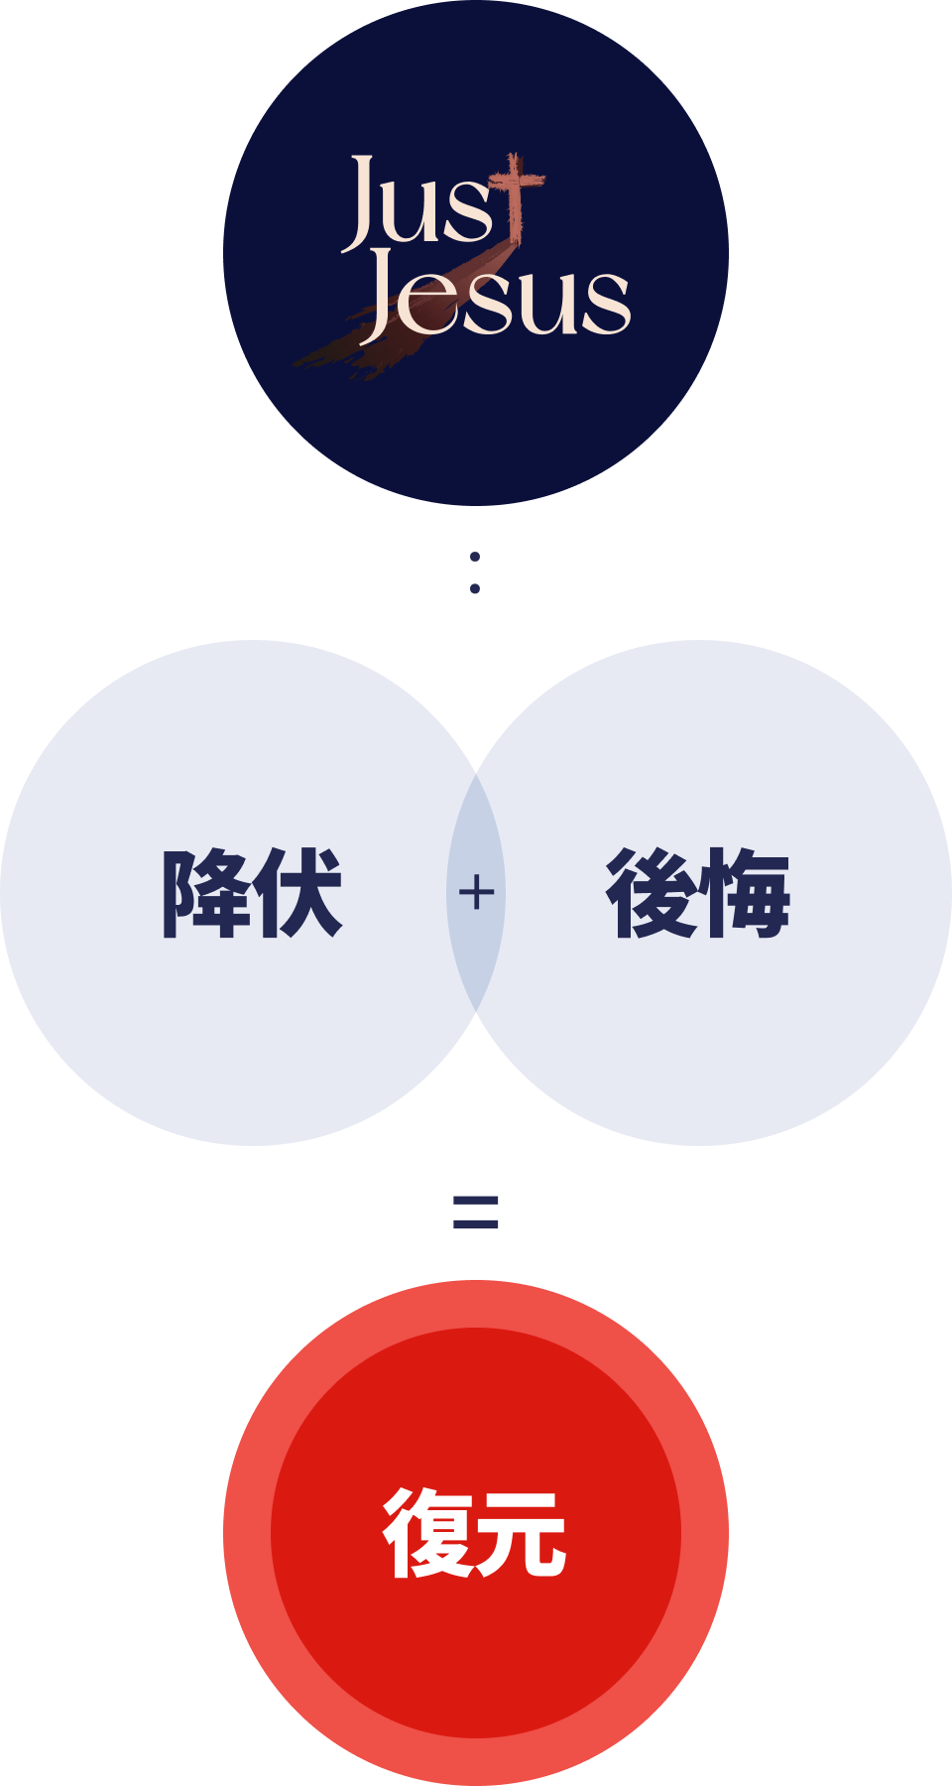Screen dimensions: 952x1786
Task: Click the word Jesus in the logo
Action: coord(496,296)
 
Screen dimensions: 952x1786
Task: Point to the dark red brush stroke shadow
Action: coord(397,327)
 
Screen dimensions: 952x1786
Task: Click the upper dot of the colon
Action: coord(475,557)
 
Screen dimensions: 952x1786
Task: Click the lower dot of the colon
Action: coord(475,588)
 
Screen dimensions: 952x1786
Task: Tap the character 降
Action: coord(206,893)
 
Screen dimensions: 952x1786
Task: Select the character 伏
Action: coord(297,893)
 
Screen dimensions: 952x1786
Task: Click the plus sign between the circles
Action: coord(476,893)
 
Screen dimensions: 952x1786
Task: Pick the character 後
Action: coord(652,893)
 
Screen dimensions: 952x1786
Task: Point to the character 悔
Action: coord(744,893)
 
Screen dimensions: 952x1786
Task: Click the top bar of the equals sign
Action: coord(475,1202)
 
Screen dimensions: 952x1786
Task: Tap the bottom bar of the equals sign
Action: coord(475,1223)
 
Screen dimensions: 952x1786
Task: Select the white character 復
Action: coord(428,1533)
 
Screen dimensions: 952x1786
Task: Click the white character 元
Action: coord(521,1533)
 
